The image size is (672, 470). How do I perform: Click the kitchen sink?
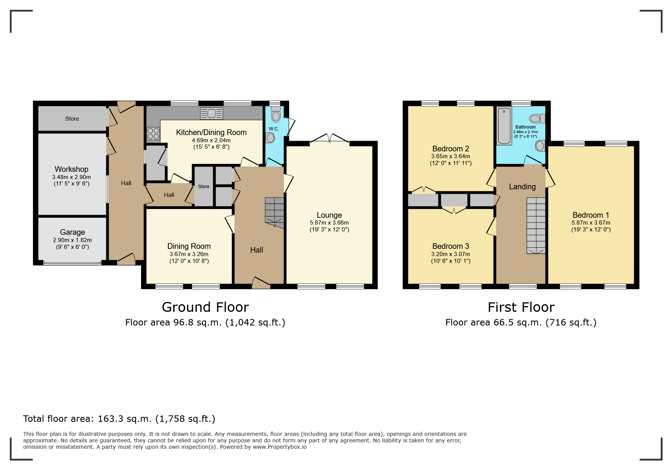click(211, 113)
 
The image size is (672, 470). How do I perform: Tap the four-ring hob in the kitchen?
click(153, 134)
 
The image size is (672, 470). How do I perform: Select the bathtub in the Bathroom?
click(504, 126)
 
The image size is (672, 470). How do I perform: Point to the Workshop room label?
click(71, 169)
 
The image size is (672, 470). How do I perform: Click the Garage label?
click(72, 232)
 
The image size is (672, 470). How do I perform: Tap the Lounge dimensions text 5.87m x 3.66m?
click(329, 223)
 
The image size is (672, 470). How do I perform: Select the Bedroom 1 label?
click(590, 215)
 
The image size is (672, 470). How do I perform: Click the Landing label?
click(522, 187)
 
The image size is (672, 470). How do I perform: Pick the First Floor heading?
click(521, 307)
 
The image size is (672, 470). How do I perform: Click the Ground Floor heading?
click(205, 307)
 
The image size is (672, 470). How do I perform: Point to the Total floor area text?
click(119, 419)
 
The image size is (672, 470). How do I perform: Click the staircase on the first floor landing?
click(536, 225)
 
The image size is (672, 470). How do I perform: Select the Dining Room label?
click(189, 246)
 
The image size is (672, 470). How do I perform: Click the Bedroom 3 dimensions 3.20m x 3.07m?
click(450, 254)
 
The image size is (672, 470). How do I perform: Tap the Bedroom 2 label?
click(450, 149)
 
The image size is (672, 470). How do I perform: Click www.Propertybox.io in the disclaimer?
click(279, 447)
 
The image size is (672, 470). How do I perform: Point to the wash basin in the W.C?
click(270, 138)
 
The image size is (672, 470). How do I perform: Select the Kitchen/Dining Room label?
click(211, 132)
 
